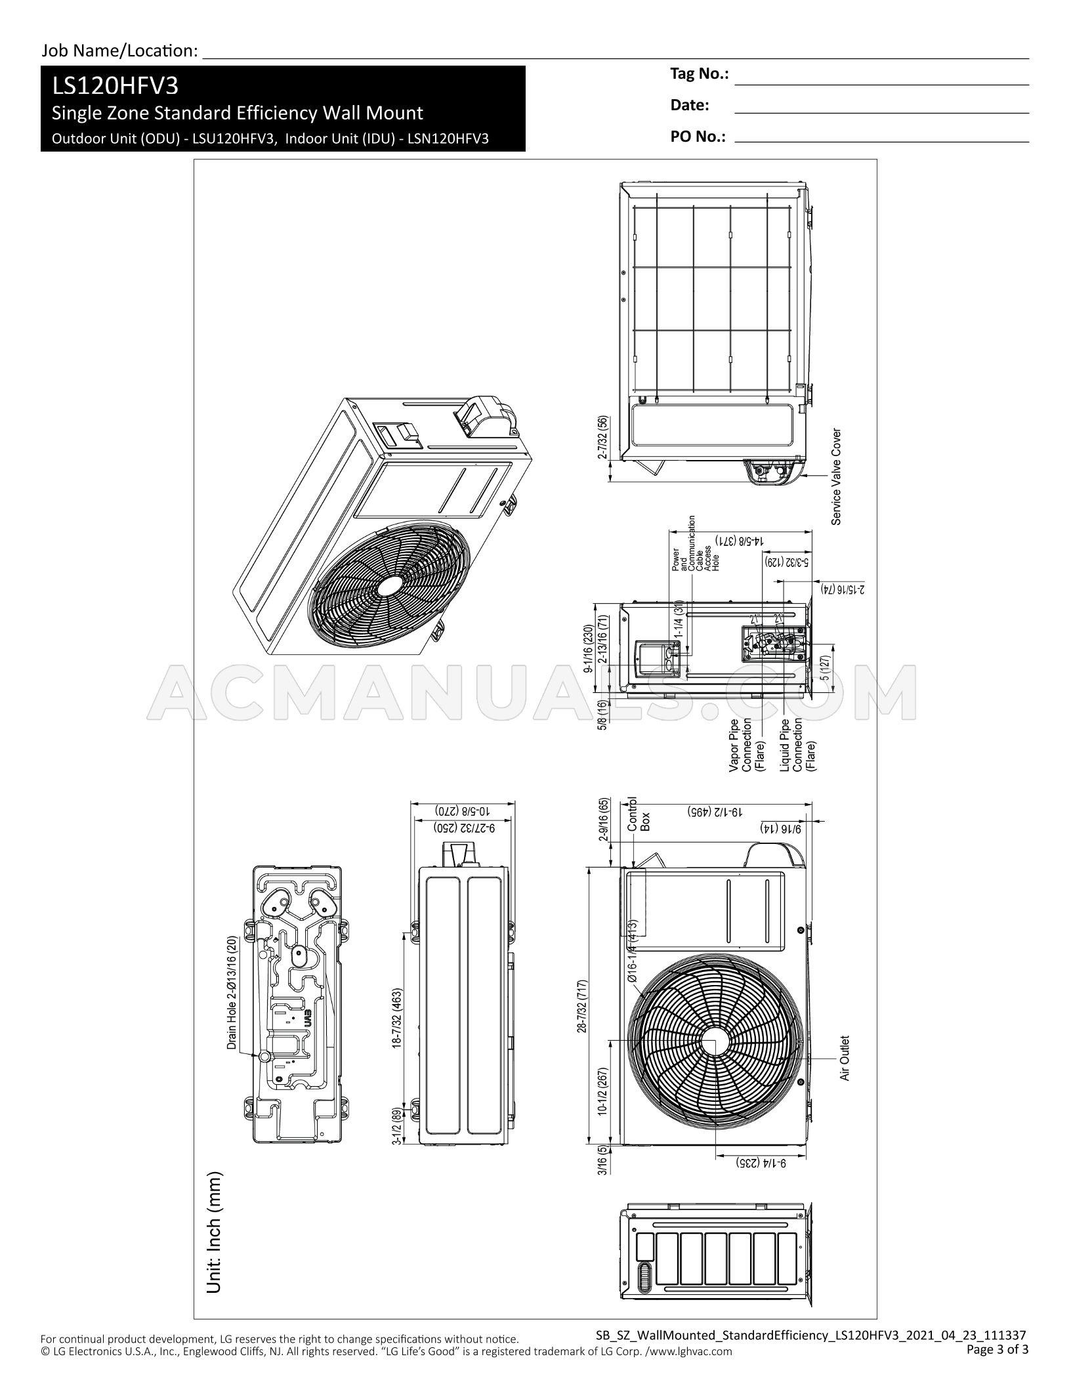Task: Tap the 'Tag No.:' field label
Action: tap(699, 74)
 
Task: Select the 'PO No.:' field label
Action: tap(698, 137)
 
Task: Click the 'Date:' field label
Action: tap(689, 105)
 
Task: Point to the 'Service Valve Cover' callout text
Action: tap(836, 477)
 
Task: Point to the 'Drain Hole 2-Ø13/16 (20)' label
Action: tap(232, 993)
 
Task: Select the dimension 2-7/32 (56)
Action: tap(602, 438)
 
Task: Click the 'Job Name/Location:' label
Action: tap(119, 51)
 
